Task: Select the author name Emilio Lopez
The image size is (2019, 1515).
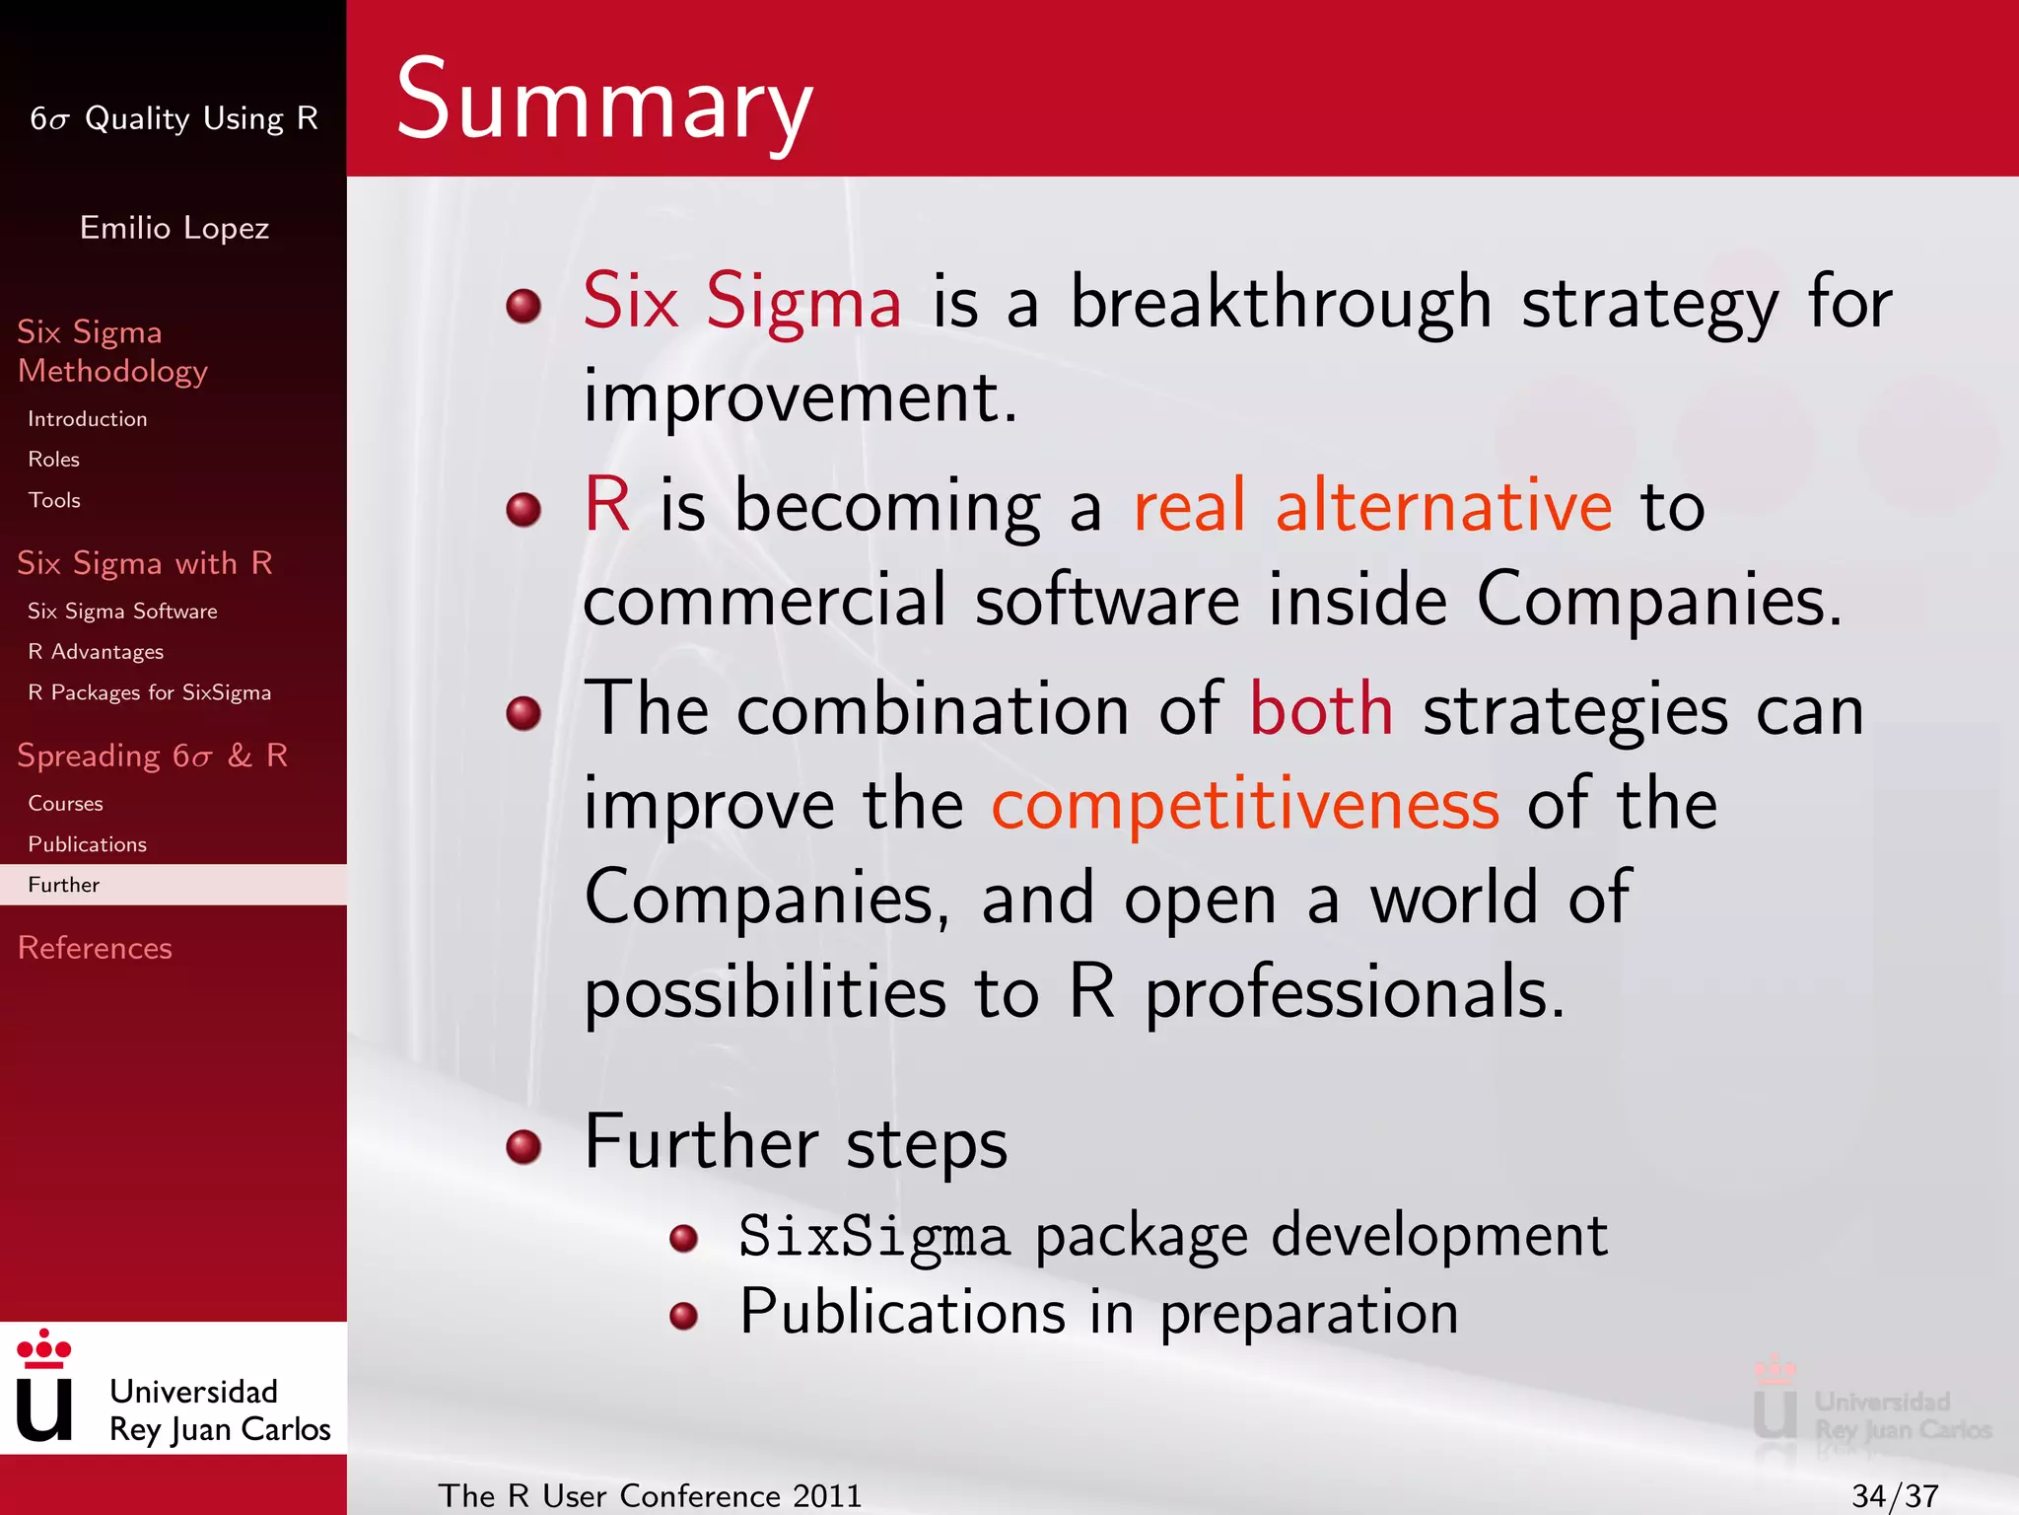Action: [174, 228]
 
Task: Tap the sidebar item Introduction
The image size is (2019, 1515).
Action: [87, 419]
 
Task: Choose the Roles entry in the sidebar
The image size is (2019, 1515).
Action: [53, 460]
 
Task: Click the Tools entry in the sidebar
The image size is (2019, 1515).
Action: [54, 500]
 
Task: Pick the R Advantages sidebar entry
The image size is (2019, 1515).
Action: [96, 652]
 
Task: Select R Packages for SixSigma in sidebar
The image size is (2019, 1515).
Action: [149, 692]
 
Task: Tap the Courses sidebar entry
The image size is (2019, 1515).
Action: [65, 804]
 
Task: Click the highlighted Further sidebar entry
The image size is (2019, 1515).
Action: [64, 885]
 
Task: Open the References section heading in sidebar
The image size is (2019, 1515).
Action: [95, 948]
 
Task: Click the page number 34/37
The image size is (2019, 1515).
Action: [1895, 1495]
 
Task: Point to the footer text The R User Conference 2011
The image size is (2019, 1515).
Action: [650, 1495]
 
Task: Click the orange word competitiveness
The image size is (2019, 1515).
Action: [1245, 805]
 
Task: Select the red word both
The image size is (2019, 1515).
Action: [1321, 709]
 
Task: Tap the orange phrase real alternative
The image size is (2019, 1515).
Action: [1372, 506]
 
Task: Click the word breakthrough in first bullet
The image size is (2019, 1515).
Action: [1281, 302]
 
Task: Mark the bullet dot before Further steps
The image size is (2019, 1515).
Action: [523, 1146]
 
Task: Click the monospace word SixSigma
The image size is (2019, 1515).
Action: [874, 1237]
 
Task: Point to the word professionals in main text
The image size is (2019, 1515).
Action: [1355, 992]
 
